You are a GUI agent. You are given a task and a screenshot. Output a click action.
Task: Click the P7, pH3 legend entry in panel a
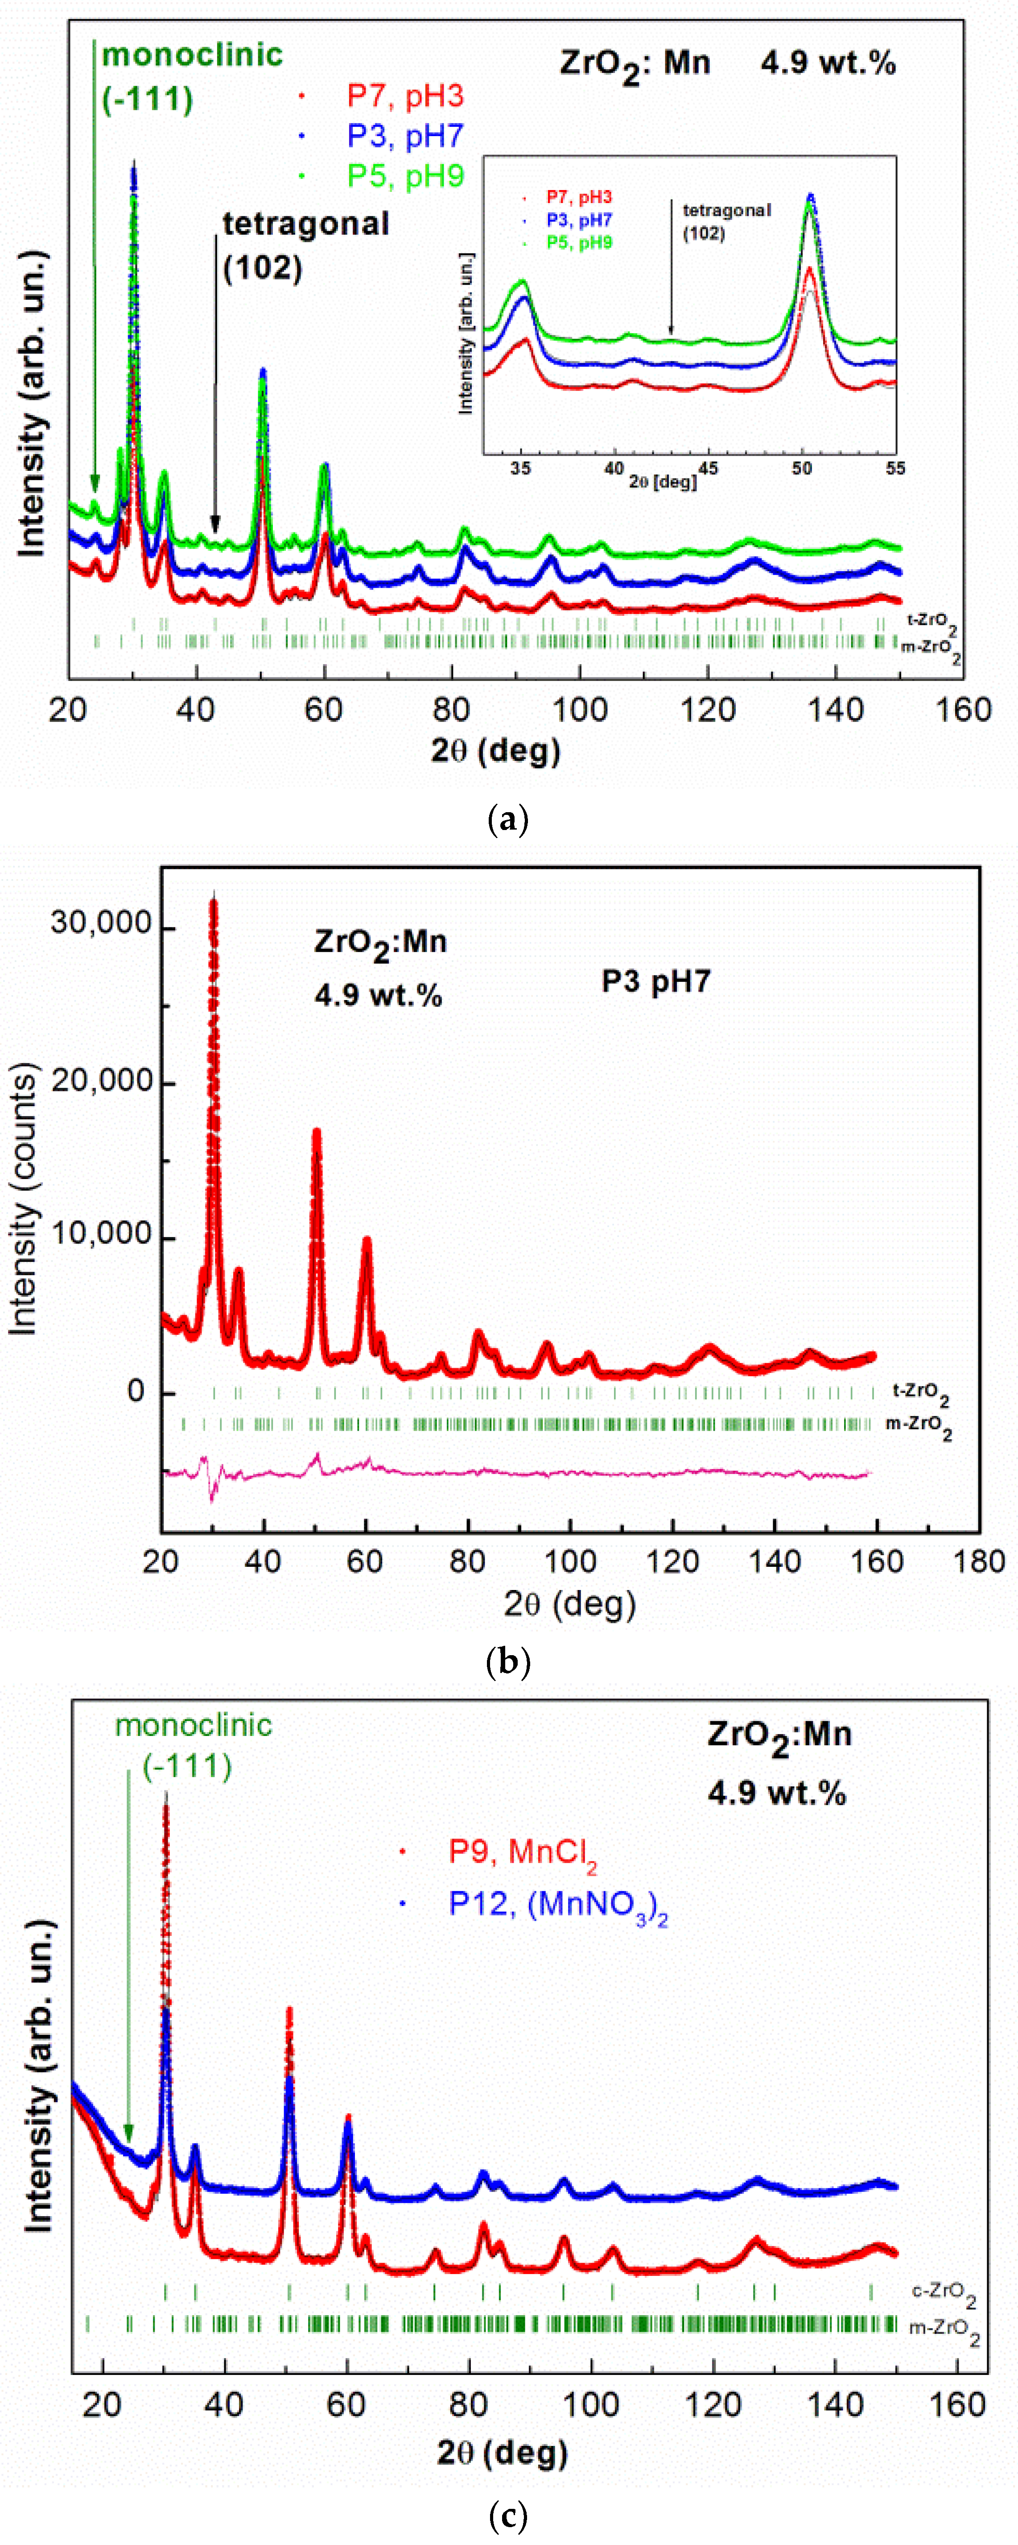[x=405, y=96]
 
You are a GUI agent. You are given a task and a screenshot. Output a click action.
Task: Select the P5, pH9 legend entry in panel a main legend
[x=405, y=176]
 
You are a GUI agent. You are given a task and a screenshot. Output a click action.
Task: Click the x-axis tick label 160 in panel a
[x=963, y=710]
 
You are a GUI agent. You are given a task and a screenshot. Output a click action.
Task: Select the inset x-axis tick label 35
[x=520, y=468]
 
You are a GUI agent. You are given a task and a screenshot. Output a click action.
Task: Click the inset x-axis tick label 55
[x=894, y=468]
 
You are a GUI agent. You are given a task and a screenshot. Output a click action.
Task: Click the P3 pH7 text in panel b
[x=655, y=981]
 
